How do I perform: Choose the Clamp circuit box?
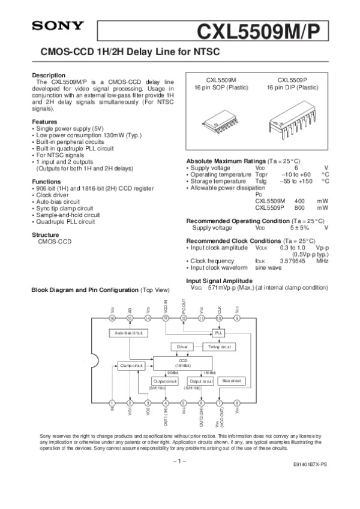(130, 365)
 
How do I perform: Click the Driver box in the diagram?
(182, 347)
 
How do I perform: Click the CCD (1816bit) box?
(183, 363)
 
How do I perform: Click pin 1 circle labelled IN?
(112, 403)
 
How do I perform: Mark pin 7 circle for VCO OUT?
(219, 403)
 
